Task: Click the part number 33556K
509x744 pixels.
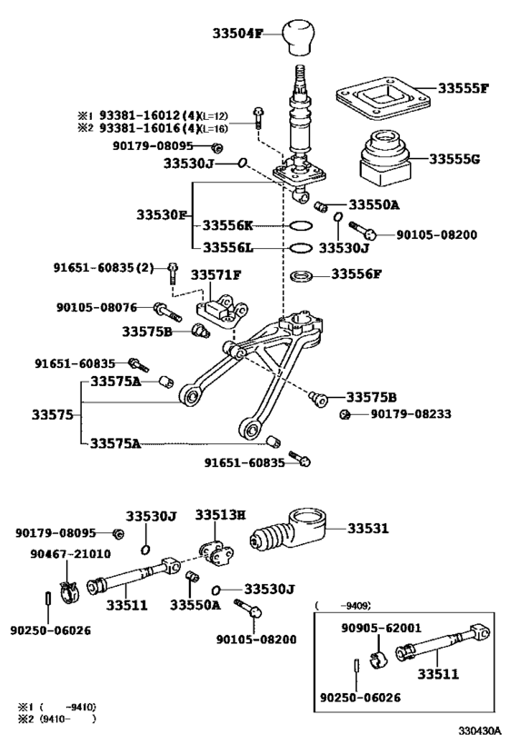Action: [x=228, y=225]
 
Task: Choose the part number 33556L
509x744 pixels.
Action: [x=228, y=247]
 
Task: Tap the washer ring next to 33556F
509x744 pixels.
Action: [x=303, y=275]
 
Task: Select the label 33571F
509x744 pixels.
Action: [x=215, y=274]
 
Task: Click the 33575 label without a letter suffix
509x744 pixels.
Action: [x=51, y=414]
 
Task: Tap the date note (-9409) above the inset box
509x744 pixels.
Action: [x=344, y=604]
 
